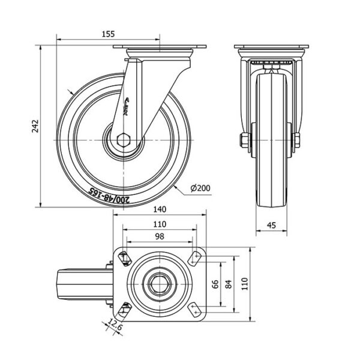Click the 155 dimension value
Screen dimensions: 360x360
coord(109,34)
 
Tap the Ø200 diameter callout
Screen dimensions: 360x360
coord(200,188)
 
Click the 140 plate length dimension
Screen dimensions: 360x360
coord(159,209)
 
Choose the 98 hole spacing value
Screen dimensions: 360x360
coord(159,236)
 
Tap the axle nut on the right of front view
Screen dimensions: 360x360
coord(297,140)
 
